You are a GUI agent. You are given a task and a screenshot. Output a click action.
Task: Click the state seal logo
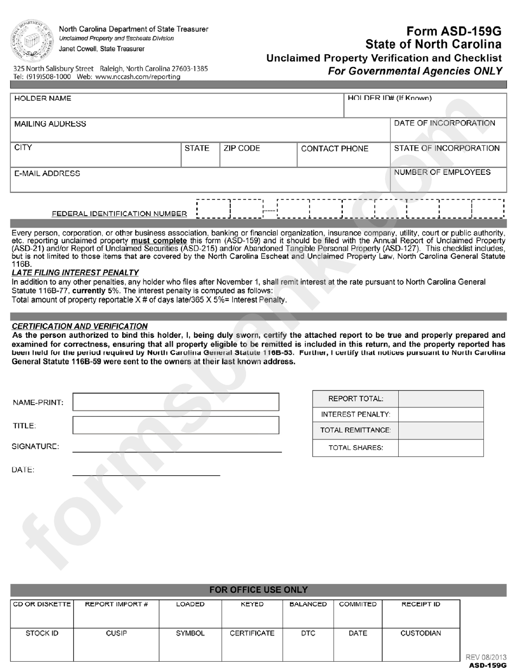point(30,39)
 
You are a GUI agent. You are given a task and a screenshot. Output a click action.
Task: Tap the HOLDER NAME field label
point(42,99)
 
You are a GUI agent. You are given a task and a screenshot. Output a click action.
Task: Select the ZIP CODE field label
point(242,148)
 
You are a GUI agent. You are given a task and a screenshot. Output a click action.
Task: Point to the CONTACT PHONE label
point(335,149)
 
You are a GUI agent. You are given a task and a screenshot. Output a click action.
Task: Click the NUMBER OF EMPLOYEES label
point(442,172)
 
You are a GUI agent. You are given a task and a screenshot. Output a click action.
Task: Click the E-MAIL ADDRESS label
point(47,174)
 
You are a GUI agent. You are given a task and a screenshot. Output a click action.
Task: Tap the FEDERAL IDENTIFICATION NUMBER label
point(119,214)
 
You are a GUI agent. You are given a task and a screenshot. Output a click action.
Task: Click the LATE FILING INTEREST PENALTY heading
point(75,273)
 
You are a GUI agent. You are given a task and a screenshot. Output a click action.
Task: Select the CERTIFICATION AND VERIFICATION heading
point(79,326)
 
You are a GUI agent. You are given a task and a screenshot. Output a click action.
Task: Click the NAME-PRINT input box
point(175,402)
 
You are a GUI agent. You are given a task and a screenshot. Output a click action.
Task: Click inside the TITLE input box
point(175,425)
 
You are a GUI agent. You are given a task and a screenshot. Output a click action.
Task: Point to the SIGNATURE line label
point(35,447)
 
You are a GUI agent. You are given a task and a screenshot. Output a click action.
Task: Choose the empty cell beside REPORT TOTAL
point(441,399)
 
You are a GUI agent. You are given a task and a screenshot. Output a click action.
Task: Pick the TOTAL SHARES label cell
point(356,448)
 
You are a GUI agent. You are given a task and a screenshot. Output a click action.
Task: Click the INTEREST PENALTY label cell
point(356,414)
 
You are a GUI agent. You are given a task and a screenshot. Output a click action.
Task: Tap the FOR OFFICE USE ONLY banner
point(259,590)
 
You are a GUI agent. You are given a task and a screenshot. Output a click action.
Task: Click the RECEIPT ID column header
point(420,604)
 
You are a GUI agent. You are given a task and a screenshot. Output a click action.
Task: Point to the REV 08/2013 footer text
point(486,657)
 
